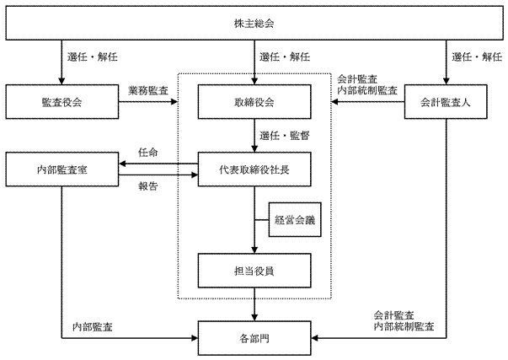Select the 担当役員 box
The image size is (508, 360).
(254, 270)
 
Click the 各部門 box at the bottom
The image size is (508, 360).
(254, 339)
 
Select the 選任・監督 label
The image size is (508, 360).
(283, 135)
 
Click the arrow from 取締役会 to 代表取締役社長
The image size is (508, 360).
(254, 135)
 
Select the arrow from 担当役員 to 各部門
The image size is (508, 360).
(254, 304)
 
